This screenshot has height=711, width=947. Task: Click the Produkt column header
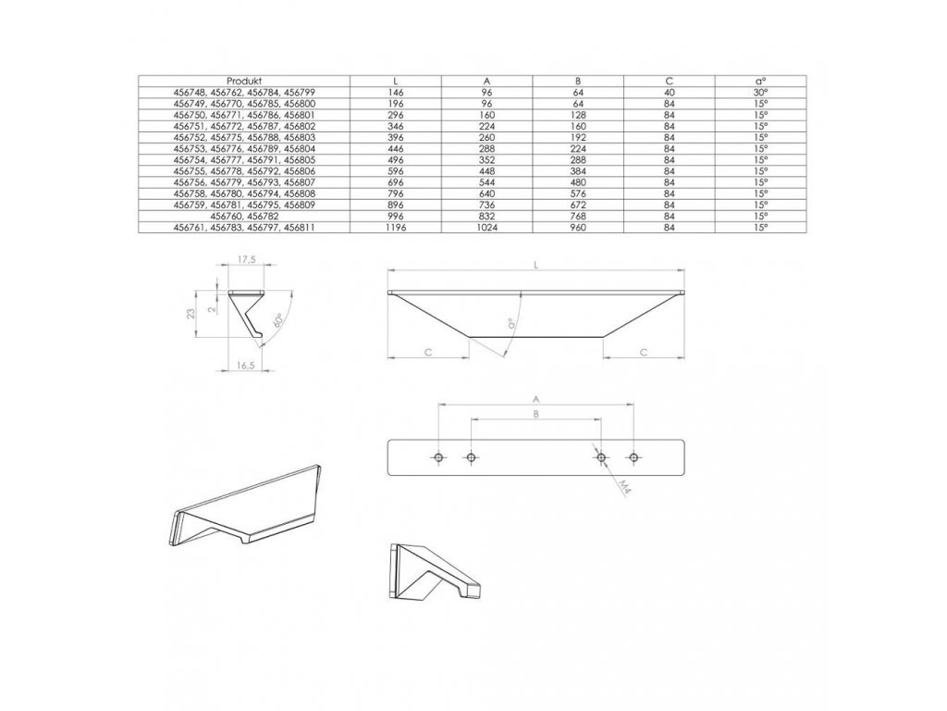click(x=245, y=81)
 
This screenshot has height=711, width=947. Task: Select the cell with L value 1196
click(x=396, y=227)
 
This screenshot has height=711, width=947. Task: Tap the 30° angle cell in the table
click(x=759, y=94)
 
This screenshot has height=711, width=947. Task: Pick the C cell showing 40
click(x=669, y=94)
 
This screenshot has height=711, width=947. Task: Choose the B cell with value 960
click(x=578, y=227)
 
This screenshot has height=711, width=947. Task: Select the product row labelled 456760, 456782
click(x=245, y=216)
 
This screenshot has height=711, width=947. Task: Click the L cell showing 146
click(x=396, y=94)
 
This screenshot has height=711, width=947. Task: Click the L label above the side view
click(x=536, y=266)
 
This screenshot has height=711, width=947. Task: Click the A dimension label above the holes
click(x=535, y=398)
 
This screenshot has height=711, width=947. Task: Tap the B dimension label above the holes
click(x=535, y=414)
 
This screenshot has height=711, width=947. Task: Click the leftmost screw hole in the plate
click(x=438, y=457)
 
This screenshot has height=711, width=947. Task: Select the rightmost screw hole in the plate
click(x=633, y=457)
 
